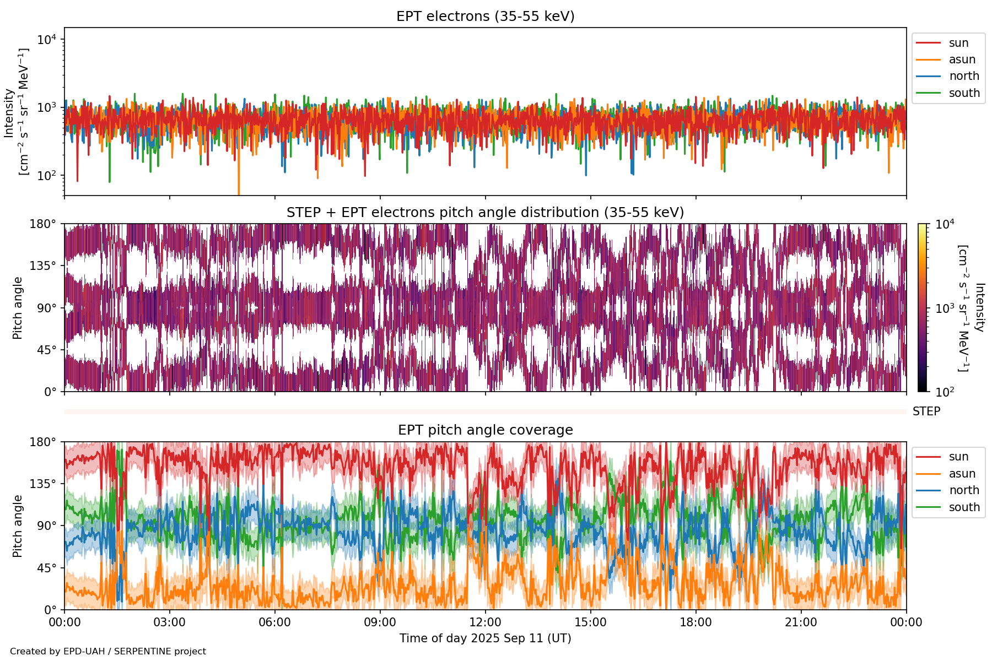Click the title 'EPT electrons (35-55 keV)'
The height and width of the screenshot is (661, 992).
click(485, 17)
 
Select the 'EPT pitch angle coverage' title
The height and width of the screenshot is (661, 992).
click(485, 430)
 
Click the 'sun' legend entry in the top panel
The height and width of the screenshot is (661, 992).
click(958, 43)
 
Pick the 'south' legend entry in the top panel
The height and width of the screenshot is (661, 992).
click(964, 93)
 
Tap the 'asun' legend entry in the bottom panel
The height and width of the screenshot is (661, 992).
click(962, 474)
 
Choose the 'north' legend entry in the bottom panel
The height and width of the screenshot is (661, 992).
click(964, 490)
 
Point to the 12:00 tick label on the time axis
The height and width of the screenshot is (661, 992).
click(485, 622)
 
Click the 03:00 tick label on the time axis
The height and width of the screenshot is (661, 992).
click(169, 622)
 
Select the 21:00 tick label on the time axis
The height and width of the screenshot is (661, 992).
click(801, 622)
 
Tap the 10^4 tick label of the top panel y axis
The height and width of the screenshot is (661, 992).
click(47, 40)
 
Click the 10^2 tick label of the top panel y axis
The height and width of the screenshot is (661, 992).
click(47, 176)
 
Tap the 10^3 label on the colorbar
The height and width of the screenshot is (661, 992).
click(945, 308)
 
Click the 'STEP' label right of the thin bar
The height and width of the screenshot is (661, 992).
click(926, 411)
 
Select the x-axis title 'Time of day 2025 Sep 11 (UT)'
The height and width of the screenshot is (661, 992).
click(485, 638)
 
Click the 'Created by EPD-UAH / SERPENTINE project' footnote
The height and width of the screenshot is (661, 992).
click(108, 652)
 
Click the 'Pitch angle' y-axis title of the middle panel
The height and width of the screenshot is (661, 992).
click(18, 308)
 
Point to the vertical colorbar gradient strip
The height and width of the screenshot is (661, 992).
click(922, 308)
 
